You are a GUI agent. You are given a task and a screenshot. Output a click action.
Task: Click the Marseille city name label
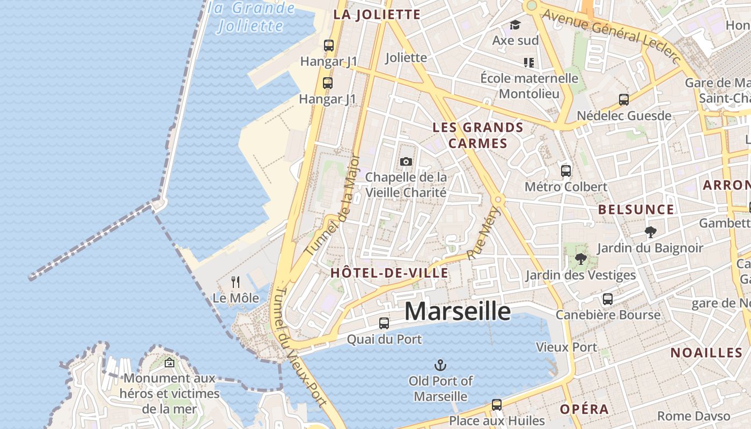click(457, 312)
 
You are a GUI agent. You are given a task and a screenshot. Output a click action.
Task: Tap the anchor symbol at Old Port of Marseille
click(440, 366)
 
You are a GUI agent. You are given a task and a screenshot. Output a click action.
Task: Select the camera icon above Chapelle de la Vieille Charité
click(406, 161)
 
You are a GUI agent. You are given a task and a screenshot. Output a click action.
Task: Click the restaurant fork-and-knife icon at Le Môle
click(235, 282)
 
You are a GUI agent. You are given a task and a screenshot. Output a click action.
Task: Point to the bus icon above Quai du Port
click(384, 323)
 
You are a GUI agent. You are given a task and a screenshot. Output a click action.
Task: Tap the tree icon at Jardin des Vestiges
click(580, 260)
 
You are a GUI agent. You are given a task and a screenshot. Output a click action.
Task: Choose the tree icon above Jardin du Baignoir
click(651, 232)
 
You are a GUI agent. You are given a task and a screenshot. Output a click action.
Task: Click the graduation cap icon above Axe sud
click(515, 25)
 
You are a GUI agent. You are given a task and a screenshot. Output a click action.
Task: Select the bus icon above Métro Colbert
click(566, 171)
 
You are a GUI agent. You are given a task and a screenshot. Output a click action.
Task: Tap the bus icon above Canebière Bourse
click(608, 299)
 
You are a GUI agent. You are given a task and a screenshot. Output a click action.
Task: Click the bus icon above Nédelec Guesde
click(624, 100)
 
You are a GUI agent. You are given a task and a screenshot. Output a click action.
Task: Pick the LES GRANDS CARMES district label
click(478, 135)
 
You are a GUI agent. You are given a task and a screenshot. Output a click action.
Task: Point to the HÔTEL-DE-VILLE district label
click(389, 273)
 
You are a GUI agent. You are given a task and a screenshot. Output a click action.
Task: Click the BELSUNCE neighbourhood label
click(636, 210)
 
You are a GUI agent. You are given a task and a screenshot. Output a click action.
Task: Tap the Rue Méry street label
click(484, 234)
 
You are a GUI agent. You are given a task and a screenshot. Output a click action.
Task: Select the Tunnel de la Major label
click(333, 205)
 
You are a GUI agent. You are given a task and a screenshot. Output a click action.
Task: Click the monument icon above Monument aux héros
click(170, 363)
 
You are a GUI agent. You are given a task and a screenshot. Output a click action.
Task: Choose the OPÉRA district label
click(585, 409)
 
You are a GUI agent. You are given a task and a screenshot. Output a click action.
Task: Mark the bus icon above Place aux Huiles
click(497, 405)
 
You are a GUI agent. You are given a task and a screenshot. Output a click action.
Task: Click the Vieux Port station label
click(567, 347)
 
